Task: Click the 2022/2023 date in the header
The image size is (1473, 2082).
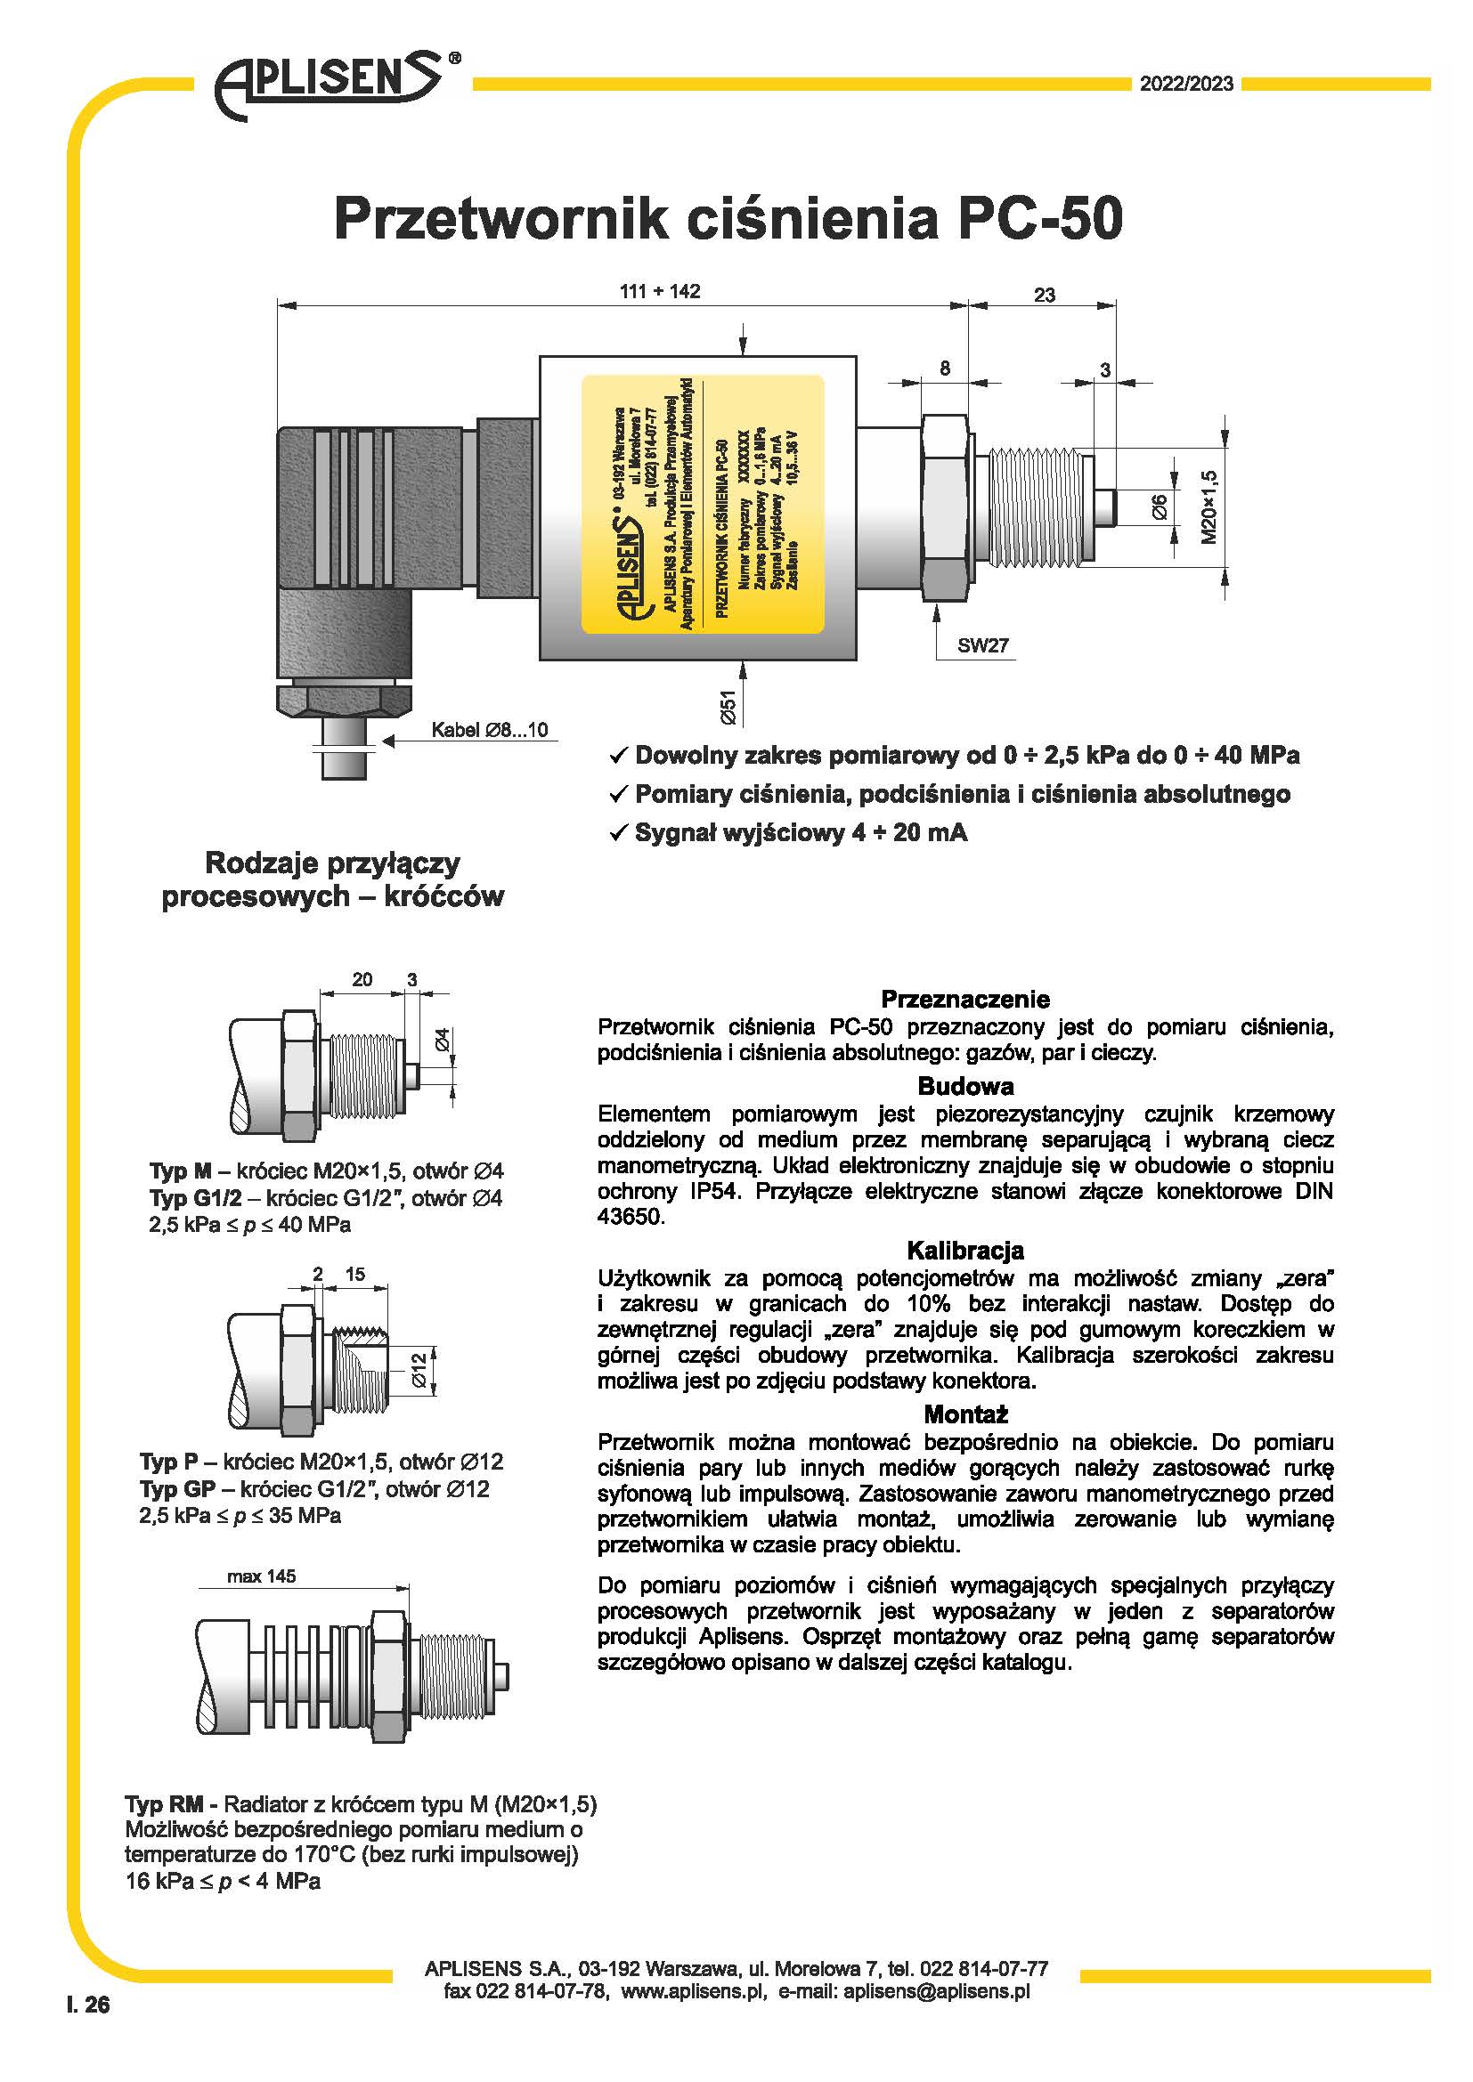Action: [1186, 84]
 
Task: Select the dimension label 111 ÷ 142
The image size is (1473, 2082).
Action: [659, 291]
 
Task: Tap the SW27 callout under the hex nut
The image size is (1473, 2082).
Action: [982, 645]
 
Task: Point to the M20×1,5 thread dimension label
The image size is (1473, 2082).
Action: [1209, 506]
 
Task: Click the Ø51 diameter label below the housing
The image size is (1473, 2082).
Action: [728, 707]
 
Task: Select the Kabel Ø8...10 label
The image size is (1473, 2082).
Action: [489, 730]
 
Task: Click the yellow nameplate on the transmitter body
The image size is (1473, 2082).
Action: [702, 504]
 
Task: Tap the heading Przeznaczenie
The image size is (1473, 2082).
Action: [965, 1000]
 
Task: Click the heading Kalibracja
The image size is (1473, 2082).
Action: [965, 1251]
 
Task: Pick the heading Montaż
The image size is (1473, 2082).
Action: [965, 1414]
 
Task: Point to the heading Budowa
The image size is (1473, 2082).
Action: [965, 1086]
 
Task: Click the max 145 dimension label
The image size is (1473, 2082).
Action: [261, 1576]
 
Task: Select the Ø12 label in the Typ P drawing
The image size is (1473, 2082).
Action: [419, 1370]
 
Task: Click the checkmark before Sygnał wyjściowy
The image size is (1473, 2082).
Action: [619, 833]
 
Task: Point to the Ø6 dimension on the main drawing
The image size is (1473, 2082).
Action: [1160, 506]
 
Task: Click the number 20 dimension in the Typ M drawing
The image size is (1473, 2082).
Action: [362, 979]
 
